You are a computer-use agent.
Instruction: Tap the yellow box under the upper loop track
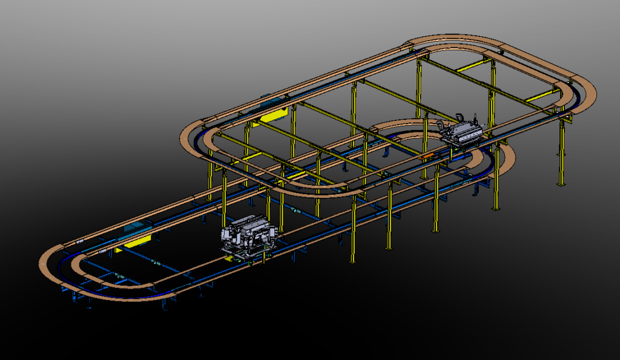(275, 115)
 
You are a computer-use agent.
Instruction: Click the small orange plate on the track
(427, 156)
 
